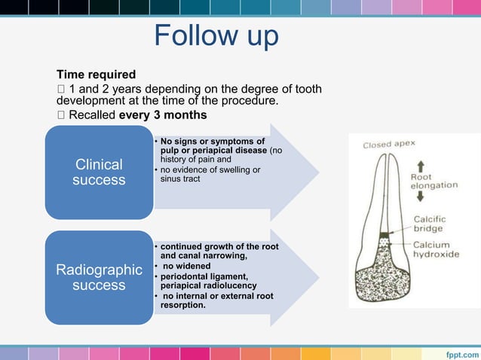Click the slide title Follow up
pos(216,35)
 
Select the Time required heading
pos(97,75)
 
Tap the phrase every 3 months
pos(163,115)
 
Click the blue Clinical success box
pos(99,172)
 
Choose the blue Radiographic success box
pos(99,277)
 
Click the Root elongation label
pos(434,182)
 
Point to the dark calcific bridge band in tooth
pos(386,236)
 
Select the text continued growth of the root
pos(219,246)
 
